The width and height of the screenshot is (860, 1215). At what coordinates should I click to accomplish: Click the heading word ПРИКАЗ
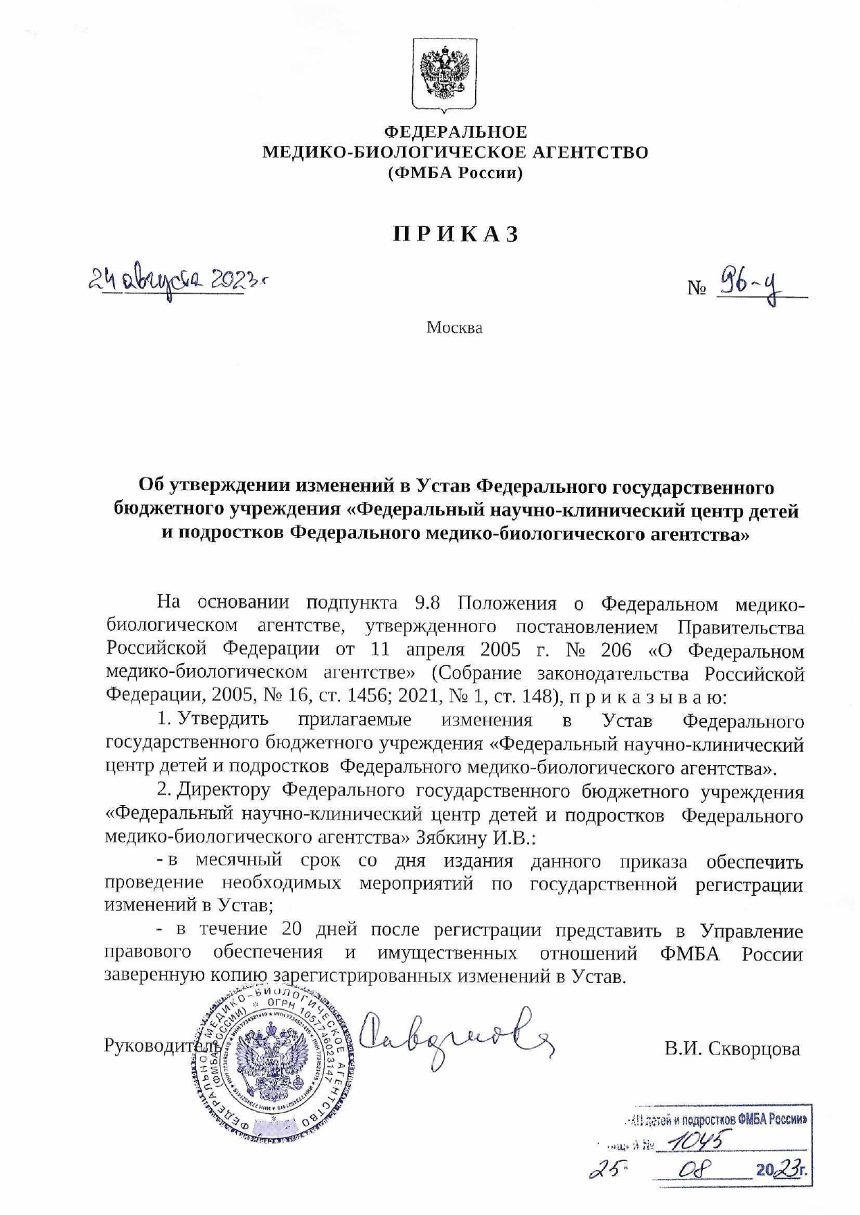[x=456, y=235]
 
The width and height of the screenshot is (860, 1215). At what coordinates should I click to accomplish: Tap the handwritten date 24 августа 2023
[x=177, y=280]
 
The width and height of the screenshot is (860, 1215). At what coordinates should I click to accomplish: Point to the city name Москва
[x=454, y=327]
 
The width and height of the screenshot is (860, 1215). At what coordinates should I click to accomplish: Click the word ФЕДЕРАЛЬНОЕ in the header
[x=456, y=132]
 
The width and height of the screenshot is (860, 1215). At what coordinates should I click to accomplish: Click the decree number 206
[x=616, y=651]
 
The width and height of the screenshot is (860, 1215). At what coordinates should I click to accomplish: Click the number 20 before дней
[x=292, y=929]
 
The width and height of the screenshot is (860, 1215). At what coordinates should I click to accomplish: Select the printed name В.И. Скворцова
[x=732, y=1049]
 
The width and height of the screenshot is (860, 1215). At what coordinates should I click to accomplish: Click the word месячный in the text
[x=238, y=861]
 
